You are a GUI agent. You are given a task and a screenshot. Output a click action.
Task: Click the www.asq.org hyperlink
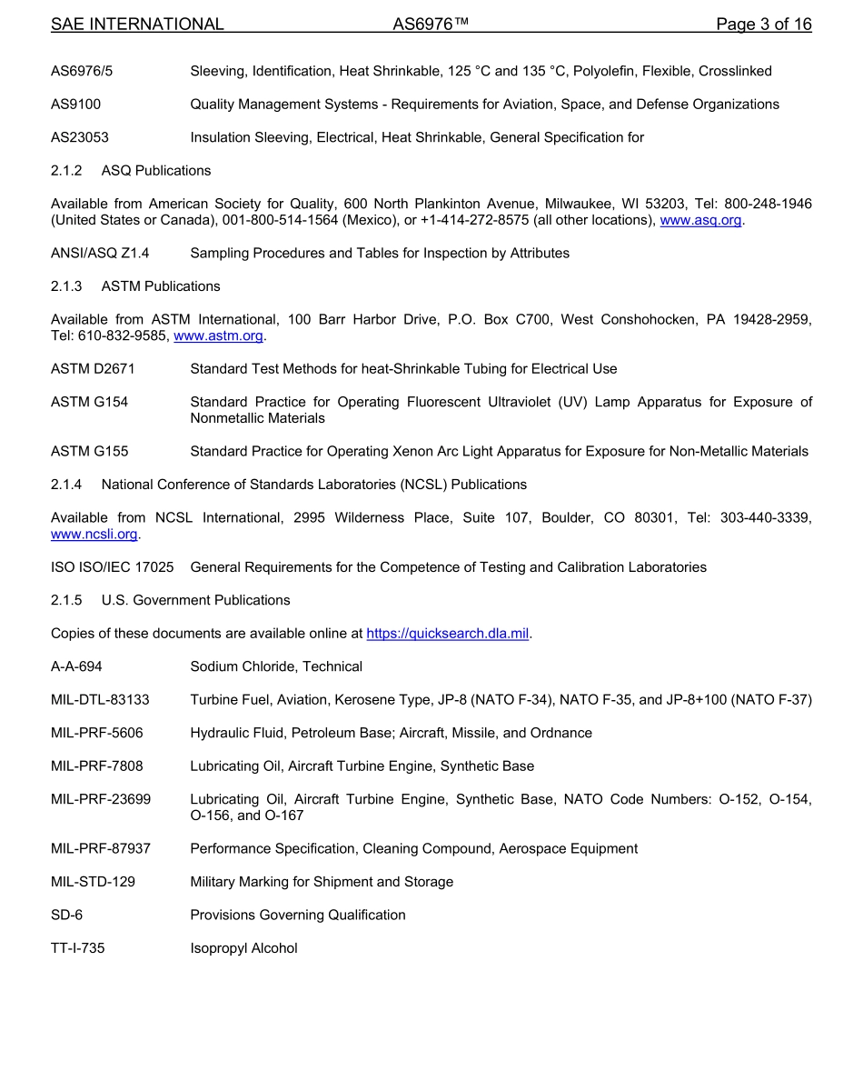pos(700,220)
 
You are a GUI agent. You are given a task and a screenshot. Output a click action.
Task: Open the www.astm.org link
pos(218,335)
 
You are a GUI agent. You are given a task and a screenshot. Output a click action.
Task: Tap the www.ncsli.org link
pos(94,534)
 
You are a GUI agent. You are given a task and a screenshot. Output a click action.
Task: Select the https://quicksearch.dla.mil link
pos(447,633)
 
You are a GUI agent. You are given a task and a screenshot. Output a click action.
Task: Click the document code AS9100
pos(75,105)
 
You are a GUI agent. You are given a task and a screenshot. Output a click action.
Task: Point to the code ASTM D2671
pos(92,369)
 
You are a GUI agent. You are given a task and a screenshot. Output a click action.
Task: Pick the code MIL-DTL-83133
pos(100,700)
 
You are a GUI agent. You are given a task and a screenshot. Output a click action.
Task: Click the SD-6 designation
pos(66,915)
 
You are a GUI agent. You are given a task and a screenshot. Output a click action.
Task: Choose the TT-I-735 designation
pos(77,948)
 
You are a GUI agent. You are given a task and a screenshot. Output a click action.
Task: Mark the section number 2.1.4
pos(66,485)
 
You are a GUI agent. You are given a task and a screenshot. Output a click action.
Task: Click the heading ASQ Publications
pos(155,171)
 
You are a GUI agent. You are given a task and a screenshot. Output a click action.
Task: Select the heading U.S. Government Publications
pos(195,600)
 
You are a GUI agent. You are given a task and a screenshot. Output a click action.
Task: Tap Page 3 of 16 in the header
pos(763,25)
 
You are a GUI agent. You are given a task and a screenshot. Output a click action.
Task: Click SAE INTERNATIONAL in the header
pos(137,25)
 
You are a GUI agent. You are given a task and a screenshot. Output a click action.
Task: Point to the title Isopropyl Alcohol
pos(243,948)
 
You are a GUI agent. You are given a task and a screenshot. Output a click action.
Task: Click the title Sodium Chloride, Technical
pos(276,666)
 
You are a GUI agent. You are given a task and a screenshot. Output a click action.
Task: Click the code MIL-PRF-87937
pos(100,848)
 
